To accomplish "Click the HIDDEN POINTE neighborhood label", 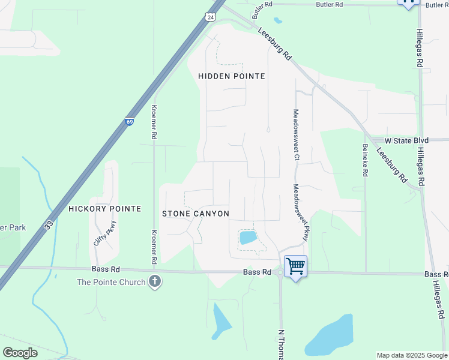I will coord(232,76).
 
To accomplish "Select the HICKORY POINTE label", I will coord(104,209).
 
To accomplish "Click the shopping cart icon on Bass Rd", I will coord(295,265).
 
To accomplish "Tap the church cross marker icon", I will coord(155,281).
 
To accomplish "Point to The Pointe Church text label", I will coord(110,282).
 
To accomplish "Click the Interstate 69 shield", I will coord(130,121).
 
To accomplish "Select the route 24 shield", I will coord(210,17).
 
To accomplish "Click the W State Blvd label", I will coord(406,140).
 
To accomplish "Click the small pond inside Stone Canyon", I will coord(248,238).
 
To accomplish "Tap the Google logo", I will coord(20,353).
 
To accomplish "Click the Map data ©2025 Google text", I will coord(412,355).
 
